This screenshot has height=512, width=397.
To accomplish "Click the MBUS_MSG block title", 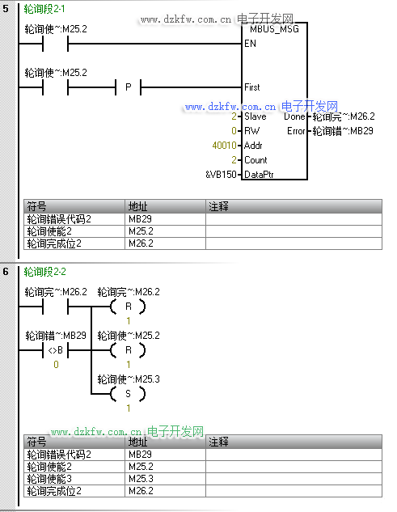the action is tap(274, 29).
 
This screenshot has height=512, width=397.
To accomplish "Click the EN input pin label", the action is tap(250, 44).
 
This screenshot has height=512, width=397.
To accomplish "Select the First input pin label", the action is tap(252, 87).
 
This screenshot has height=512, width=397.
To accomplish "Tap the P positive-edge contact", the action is tap(129, 87).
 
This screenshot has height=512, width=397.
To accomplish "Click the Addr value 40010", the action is tap(224, 146).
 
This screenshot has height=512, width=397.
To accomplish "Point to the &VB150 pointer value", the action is tap(221, 175).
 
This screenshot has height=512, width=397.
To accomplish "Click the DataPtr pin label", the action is tap(259, 175).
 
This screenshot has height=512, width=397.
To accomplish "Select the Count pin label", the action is tap(256, 160).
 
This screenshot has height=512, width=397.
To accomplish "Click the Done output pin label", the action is tap(294, 116).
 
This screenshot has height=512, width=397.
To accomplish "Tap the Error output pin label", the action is tap(296, 131).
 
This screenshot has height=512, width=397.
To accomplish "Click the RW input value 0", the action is tap(234, 131).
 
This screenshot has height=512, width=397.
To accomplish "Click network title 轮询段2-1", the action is tap(44, 9).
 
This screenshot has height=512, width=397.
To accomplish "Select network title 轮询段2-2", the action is tap(44, 272).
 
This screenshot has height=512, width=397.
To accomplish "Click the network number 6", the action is tap(6, 272).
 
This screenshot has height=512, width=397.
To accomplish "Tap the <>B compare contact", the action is tap(56, 350).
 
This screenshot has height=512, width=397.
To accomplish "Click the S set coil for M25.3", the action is tap(128, 394).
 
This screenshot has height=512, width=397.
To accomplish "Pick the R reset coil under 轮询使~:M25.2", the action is tap(128, 350).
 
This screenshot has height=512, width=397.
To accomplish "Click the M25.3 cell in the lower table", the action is tap(141, 479).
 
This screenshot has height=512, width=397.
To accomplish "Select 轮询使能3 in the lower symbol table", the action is tap(49, 479).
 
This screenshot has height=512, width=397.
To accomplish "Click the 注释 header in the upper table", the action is tap(218, 206).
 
